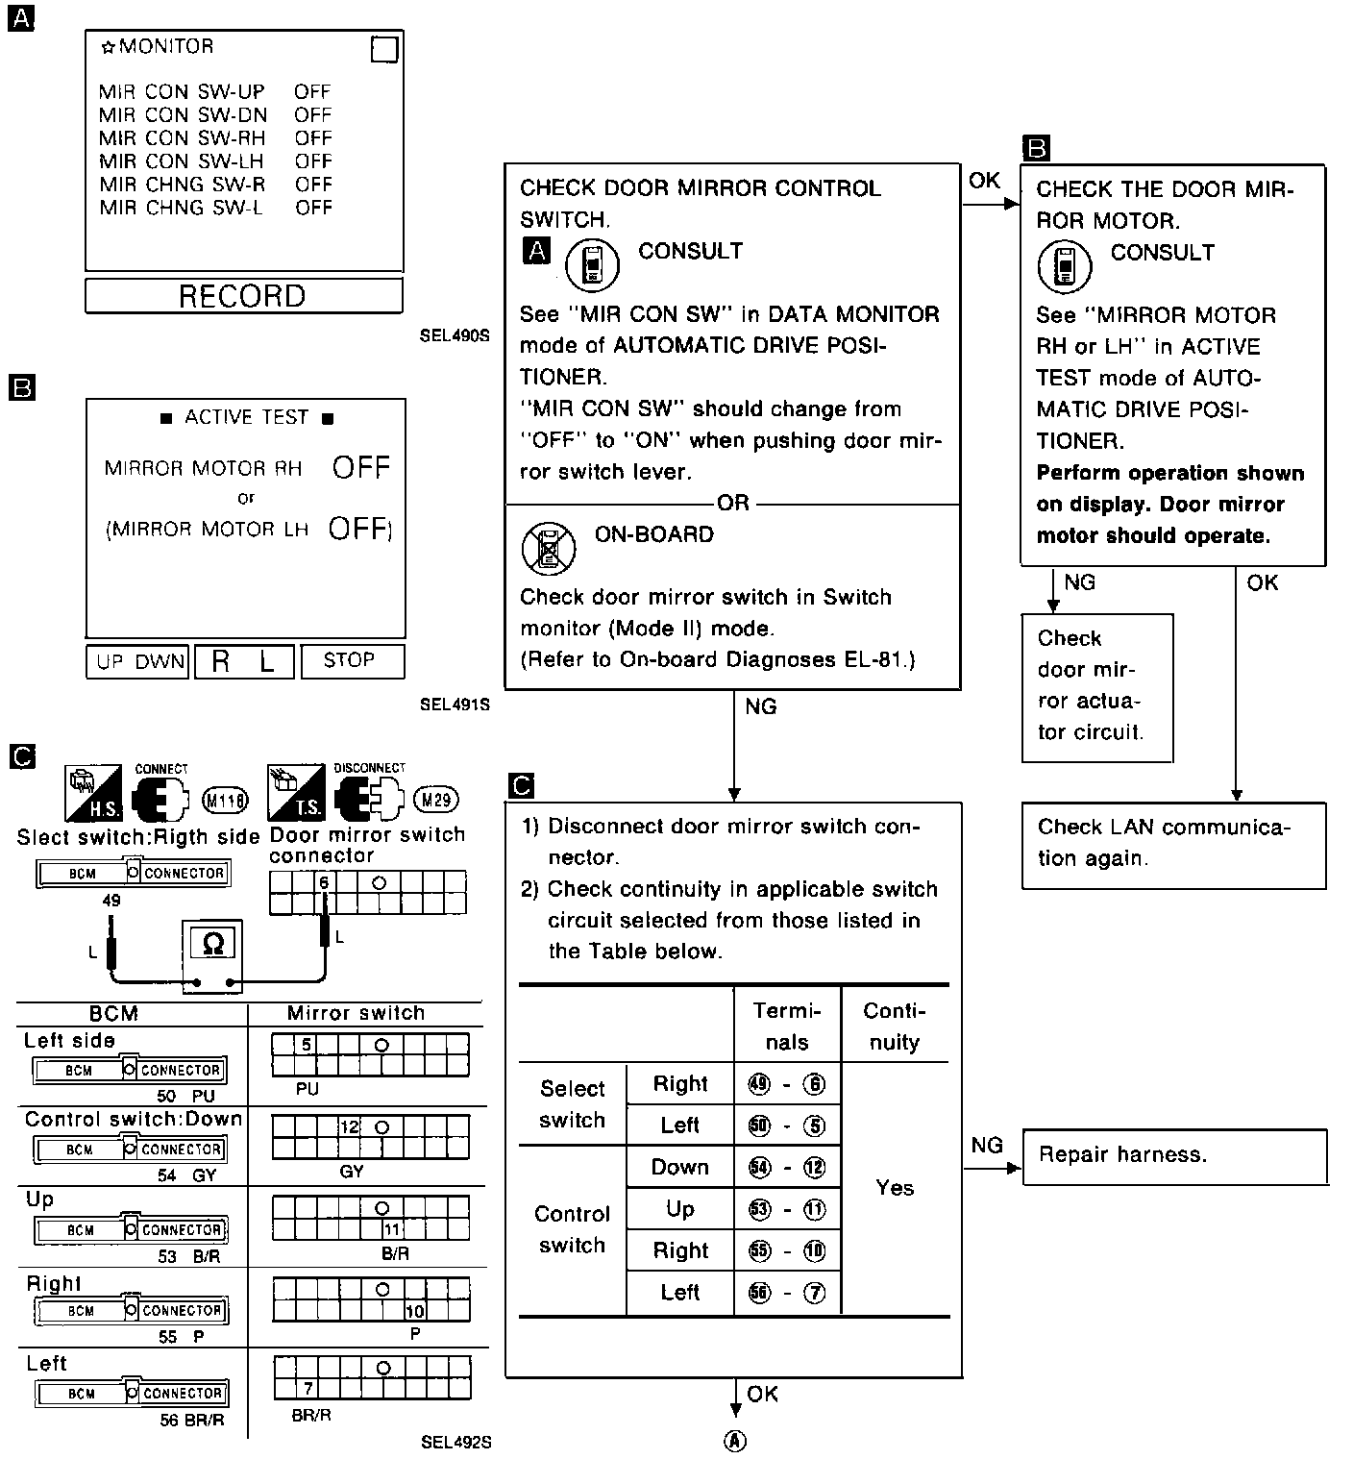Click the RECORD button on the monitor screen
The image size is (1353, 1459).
[242, 296]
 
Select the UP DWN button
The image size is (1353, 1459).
[139, 661]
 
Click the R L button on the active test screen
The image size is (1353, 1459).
[244, 661]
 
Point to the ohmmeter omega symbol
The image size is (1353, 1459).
[213, 944]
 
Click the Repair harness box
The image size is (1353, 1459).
[1174, 1155]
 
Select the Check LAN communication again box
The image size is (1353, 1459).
[1173, 844]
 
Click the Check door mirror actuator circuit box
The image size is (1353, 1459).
[1096, 686]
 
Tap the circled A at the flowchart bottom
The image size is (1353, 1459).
[735, 1440]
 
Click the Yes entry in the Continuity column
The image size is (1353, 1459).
[895, 1188]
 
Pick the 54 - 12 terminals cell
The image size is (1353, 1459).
[787, 1168]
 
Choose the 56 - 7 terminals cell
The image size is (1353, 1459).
[787, 1293]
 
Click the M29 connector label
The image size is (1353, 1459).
[435, 800]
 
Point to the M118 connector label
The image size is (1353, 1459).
[226, 800]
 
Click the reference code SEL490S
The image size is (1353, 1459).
[455, 336]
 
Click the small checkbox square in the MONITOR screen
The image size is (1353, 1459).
[384, 50]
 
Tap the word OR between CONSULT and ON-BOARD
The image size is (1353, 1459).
[732, 503]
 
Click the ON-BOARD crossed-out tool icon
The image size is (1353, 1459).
[549, 549]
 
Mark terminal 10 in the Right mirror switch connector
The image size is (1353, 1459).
[415, 1311]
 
